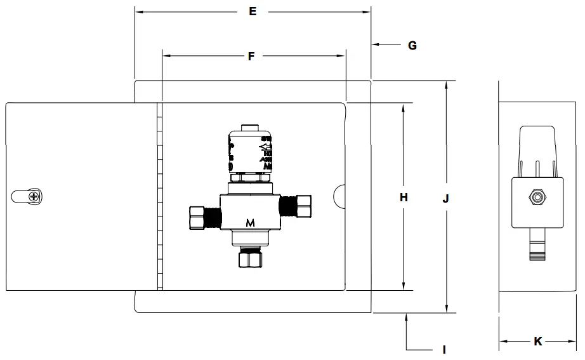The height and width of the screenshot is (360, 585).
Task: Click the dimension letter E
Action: click(253, 11)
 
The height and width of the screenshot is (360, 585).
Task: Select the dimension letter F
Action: click(251, 57)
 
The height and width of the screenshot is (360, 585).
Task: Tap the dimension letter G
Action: click(412, 45)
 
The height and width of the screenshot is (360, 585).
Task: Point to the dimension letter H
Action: click(404, 197)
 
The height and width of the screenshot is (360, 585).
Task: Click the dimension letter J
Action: click(446, 198)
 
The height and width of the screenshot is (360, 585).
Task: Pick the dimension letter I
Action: click(444, 349)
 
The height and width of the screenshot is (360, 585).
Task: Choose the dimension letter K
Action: click(537, 342)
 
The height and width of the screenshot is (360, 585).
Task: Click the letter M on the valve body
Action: click(251, 222)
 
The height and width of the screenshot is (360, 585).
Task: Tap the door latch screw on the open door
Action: click(31, 197)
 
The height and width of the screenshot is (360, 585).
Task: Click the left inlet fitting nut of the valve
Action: click(197, 218)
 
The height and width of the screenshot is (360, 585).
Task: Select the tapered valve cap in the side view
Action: click(537, 150)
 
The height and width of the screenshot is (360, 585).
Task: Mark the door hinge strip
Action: click(160, 197)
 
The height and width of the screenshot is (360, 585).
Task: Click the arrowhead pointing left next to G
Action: click(375, 44)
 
